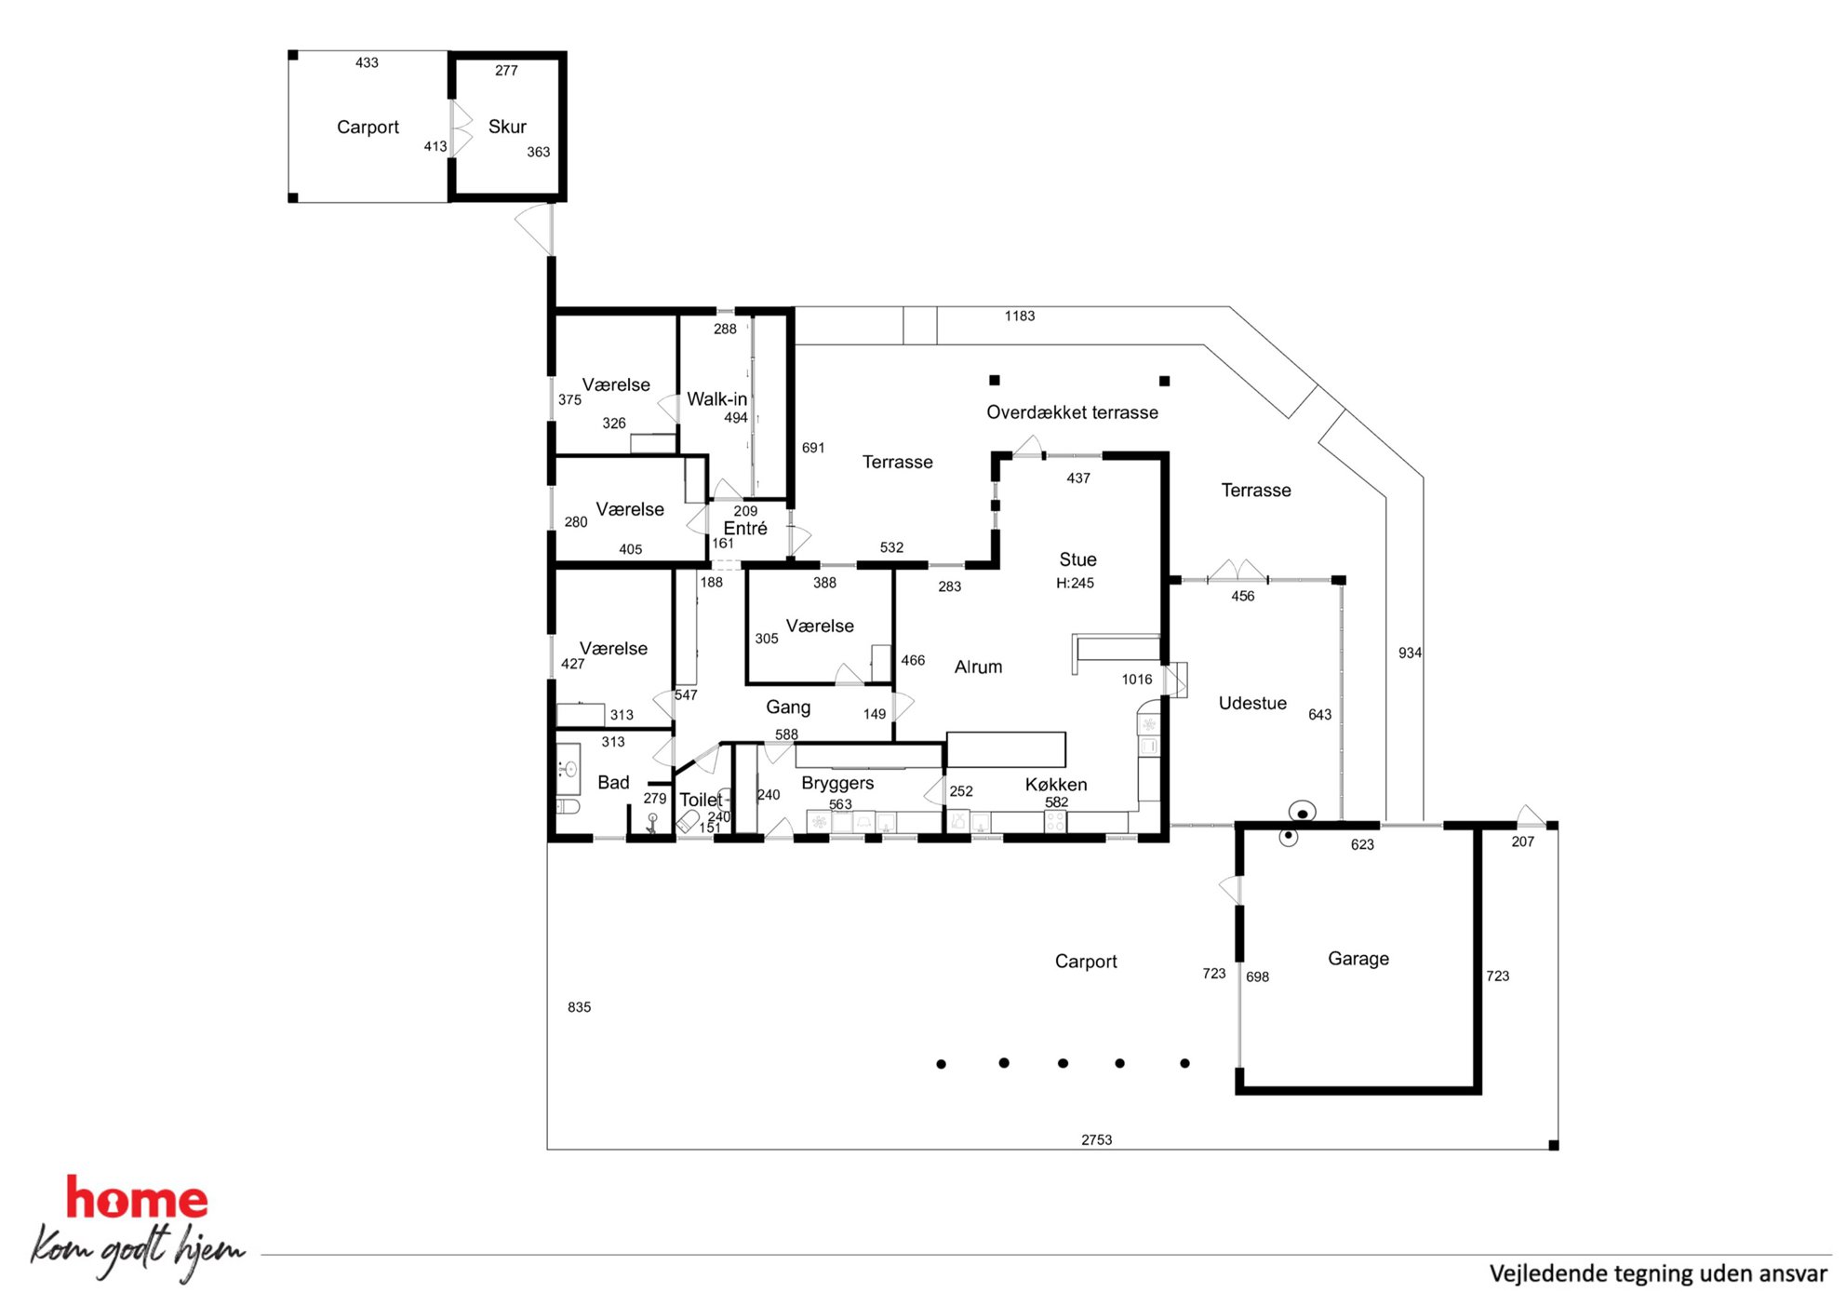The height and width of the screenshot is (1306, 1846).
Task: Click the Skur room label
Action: [x=507, y=127]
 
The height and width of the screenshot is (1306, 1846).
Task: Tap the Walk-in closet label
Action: [x=716, y=399]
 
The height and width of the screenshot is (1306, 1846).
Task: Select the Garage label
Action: [x=1358, y=959]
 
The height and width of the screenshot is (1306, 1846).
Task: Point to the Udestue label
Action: [x=1252, y=703]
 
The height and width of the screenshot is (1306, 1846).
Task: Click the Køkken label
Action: [x=1056, y=785]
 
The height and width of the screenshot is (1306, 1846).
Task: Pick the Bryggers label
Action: [x=837, y=784]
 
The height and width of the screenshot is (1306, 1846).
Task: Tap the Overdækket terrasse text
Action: [x=1072, y=412]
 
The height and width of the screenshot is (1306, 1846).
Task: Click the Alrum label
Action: [x=978, y=666]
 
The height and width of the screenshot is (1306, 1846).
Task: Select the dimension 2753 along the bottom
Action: [x=1096, y=1139]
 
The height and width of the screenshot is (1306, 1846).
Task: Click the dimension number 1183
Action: [x=1019, y=316]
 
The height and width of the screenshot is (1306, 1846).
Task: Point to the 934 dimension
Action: [x=1410, y=653]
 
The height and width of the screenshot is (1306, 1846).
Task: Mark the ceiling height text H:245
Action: [x=1075, y=583]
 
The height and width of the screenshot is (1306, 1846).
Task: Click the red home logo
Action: [x=137, y=1197]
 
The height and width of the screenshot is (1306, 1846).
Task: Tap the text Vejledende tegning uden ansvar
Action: [x=1658, y=1273]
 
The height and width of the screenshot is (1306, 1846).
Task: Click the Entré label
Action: [x=745, y=528]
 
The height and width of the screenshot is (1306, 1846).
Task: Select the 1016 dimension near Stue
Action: [x=1136, y=680]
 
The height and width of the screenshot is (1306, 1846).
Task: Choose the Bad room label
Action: [x=613, y=783]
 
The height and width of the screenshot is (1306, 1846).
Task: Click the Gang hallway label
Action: [x=788, y=707]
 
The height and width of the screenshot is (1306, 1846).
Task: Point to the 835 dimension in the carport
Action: [x=579, y=1007]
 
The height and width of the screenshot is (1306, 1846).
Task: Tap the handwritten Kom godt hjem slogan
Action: [x=138, y=1250]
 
